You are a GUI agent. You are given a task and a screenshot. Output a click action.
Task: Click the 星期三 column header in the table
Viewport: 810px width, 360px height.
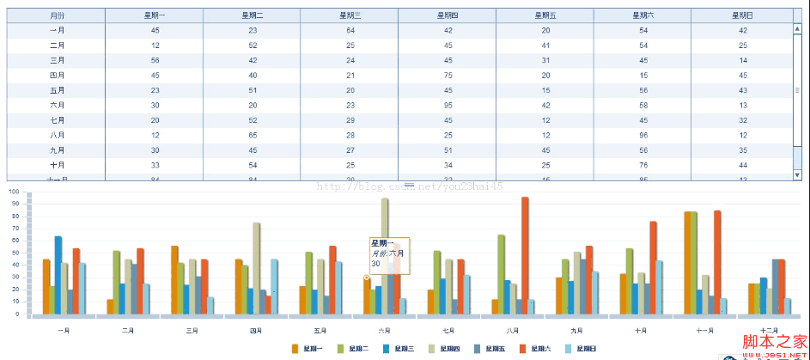coord(349,15)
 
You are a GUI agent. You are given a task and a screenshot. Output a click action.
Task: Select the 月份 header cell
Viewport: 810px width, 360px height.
coord(57,15)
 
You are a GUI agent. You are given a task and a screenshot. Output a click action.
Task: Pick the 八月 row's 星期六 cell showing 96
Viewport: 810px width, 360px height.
coord(643,135)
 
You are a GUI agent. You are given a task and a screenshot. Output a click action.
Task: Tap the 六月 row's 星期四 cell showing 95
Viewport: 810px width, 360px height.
coord(447,105)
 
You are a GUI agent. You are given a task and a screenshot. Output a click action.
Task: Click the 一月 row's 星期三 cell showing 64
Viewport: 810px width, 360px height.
coord(350,30)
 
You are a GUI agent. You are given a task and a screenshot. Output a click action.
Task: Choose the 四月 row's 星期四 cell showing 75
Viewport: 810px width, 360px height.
coord(447,75)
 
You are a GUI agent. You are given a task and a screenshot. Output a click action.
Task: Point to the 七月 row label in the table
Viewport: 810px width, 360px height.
coord(57,120)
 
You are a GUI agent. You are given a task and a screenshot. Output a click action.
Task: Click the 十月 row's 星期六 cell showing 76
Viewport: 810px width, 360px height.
coord(643,165)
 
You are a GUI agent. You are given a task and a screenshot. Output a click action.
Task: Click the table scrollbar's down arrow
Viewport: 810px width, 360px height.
coord(798,174)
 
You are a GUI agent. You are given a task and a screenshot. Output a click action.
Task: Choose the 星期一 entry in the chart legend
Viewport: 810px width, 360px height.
coord(307,349)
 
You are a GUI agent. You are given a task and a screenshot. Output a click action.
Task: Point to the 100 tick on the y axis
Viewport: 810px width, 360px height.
coord(13,192)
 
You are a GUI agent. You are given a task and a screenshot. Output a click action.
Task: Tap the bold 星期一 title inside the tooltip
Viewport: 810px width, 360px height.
coord(383,244)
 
